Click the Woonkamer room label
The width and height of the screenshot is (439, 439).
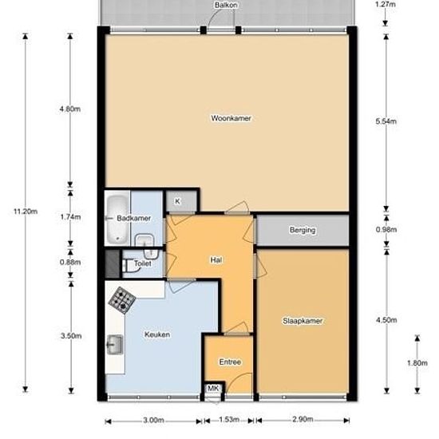pyautogui.click(x=231, y=118)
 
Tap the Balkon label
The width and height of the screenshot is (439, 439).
pyautogui.click(x=226, y=5)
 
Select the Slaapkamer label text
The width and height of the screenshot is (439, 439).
pyautogui.click(x=303, y=321)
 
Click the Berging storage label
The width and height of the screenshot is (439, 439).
pyautogui.click(x=303, y=230)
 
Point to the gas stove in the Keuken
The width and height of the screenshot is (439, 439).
pyautogui.click(x=122, y=300)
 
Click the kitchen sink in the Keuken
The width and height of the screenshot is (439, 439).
pyautogui.click(x=114, y=345)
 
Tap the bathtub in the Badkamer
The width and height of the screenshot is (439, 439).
pyautogui.click(x=117, y=219)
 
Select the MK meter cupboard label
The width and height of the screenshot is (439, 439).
pyautogui.click(x=213, y=389)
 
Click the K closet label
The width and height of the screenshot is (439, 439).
pyautogui.click(x=177, y=201)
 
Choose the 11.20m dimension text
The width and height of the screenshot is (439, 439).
pyautogui.click(x=26, y=212)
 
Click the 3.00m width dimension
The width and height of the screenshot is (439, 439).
pyautogui.click(x=154, y=420)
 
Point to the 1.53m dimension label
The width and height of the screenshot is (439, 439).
pyautogui.click(x=229, y=419)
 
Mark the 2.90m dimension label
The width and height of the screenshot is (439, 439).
pyautogui.click(x=303, y=419)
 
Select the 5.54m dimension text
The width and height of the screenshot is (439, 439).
pyautogui.click(x=386, y=121)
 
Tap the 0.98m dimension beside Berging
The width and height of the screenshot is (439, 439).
pyautogui.click(x=386, y=230)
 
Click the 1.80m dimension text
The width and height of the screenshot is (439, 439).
pyautogui.click(x=417, y=363)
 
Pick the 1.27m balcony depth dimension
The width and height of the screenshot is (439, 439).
pyautogui.click(x=386, y=4)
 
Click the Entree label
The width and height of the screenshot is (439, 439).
pyautogui.click(x=230, y=362)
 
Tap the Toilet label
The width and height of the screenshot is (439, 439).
pyautogui.click(x=143, y=263)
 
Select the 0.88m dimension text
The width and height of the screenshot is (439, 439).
pyautogui.click(x=70, y=263)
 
